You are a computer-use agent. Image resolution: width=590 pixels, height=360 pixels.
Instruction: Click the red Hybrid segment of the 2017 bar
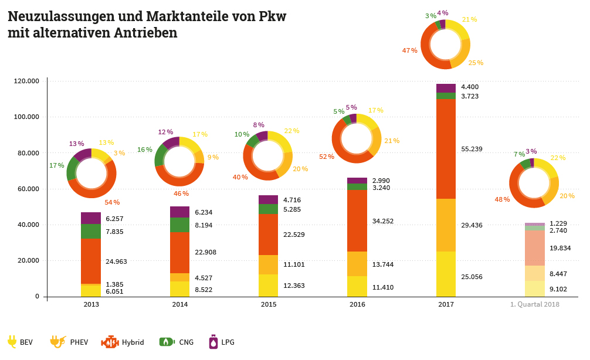446,149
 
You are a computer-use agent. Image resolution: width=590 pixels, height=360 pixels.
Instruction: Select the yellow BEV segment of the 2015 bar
268,285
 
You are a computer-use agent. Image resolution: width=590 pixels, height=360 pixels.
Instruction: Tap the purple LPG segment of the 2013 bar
91,218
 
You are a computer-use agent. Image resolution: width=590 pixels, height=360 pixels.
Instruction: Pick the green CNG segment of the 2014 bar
179,225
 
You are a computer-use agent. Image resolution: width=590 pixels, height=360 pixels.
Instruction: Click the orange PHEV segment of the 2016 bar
357,263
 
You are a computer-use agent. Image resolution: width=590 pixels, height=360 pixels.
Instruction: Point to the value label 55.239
472,149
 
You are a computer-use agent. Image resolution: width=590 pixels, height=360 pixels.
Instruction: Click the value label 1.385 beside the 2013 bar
115,284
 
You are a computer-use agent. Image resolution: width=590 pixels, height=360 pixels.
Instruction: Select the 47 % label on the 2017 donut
410,50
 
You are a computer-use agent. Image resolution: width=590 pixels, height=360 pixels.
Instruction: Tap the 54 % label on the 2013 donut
112,202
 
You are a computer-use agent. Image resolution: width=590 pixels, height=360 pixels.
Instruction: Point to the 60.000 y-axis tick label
27,189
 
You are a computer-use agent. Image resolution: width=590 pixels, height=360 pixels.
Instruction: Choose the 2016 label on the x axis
357,305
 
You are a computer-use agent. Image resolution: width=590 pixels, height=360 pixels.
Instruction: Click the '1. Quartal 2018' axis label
534,305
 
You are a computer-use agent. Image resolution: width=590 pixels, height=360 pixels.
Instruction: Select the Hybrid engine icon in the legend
110,342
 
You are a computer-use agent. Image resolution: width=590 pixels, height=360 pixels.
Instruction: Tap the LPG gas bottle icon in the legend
213,342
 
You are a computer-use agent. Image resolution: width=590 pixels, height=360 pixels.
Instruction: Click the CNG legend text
186,342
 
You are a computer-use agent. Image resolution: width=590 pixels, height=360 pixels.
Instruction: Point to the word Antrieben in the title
149,33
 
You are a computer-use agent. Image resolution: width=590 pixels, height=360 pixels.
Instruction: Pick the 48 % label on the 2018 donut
503,199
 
